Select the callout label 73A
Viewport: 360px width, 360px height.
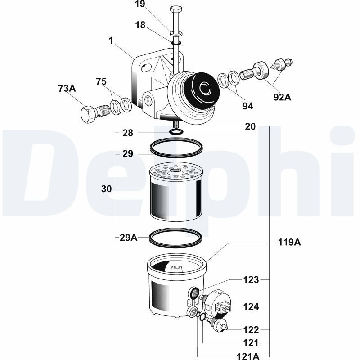click(x=67, y=88)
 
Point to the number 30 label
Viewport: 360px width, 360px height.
click(x=106, y=189)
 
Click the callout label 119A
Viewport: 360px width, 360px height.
click(x=288, y=243)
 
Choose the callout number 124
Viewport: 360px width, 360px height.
click(x=252, y=307)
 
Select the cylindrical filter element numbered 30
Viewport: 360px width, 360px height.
click(x=174, y=193)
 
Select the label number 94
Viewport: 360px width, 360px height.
click(x=247, y=106)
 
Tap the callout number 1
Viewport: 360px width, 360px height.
click(x=110, y=40)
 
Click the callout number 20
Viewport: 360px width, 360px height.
click(x=251, y=127)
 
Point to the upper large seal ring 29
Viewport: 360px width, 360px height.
click(x=176, y=148)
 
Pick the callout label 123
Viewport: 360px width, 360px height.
click(x=252, y=280)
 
